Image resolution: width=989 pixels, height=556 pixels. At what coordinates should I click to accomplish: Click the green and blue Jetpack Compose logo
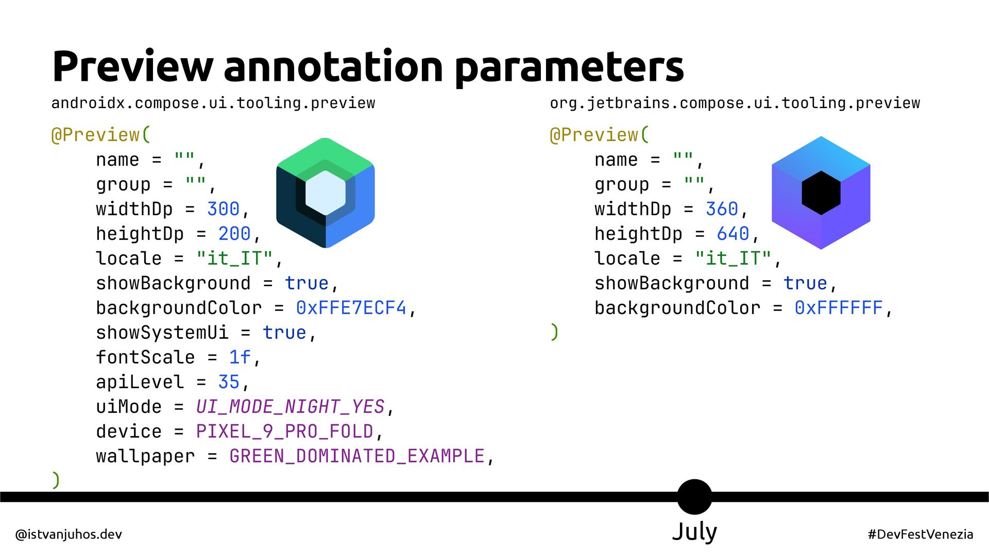[x=326, y=193]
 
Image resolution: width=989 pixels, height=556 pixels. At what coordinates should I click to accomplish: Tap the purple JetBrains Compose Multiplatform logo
[x=821, y=193]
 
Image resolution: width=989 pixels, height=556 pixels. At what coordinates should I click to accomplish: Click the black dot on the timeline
[x=694, y=497]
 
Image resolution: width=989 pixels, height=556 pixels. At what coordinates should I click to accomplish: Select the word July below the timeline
[x=694, y=532]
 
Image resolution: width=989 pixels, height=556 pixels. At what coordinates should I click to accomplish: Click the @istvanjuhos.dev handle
[x=69, y=534]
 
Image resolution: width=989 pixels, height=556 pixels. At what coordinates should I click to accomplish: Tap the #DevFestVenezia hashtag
[x=920, y=534]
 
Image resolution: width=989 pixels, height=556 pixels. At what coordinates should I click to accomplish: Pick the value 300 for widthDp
[x=223, y=209]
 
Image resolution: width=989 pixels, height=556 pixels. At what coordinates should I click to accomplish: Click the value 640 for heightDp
[x=732, y=234]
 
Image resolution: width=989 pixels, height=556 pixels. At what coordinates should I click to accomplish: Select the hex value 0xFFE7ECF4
[x=351, y=308]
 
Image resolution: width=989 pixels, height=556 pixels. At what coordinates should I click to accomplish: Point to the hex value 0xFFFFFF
[x=838, y=308]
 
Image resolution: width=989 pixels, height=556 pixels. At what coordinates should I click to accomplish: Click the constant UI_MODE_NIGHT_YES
[x=290, y=407]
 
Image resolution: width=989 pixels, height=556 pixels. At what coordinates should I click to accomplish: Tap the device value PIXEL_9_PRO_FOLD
[x=284, y=431]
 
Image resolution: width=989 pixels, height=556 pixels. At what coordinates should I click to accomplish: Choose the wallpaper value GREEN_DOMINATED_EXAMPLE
[x=356, y=456]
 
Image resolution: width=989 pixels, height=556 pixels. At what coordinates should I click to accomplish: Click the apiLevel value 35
[x=229, y=382]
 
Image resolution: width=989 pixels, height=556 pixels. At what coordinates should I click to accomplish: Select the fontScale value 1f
[x=240, y=357]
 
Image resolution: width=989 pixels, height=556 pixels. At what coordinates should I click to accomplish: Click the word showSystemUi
[x=162, y=333]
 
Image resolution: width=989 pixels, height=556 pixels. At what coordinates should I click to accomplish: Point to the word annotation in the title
[x=333, y=67]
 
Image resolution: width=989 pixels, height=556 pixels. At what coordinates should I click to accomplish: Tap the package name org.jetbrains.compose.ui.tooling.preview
[x=735, y=103]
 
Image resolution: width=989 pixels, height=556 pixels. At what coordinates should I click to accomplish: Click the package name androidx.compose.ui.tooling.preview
[x=213, y=103]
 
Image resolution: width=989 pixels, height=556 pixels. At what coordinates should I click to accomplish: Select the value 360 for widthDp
[x=722, y=209]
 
